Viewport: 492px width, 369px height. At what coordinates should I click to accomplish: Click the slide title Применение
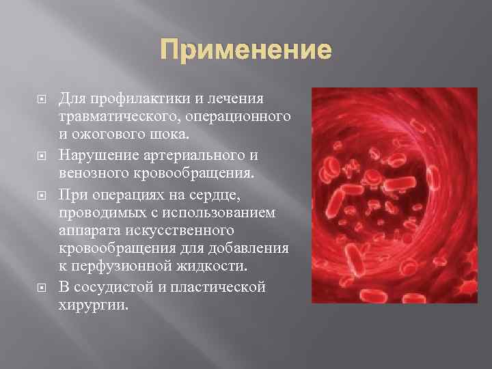click(x=245, y=51)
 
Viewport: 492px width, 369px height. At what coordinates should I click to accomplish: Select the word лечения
click(x=240, y=101)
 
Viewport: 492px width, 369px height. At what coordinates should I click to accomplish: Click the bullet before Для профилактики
click(x=41, y=101)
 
